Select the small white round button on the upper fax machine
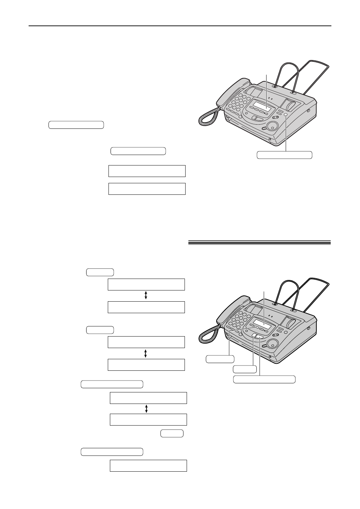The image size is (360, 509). (x=286, y=115)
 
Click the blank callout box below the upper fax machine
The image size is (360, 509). (x=284, y=155)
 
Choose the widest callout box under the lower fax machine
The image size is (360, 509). (x=264, y=379)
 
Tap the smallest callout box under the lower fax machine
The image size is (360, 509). (x=245, y=369)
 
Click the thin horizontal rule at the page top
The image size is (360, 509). (x=180, y=26)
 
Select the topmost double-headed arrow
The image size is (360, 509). (x=146, y=296)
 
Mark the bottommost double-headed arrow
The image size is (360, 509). (x=146, y=408)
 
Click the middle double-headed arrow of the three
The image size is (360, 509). (x=146, y=353)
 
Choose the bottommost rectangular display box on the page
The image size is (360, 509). (x=148, y=466)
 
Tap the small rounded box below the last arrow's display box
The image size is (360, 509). (x=172, y=434)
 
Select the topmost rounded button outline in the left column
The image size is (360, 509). (x=76, y=125)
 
